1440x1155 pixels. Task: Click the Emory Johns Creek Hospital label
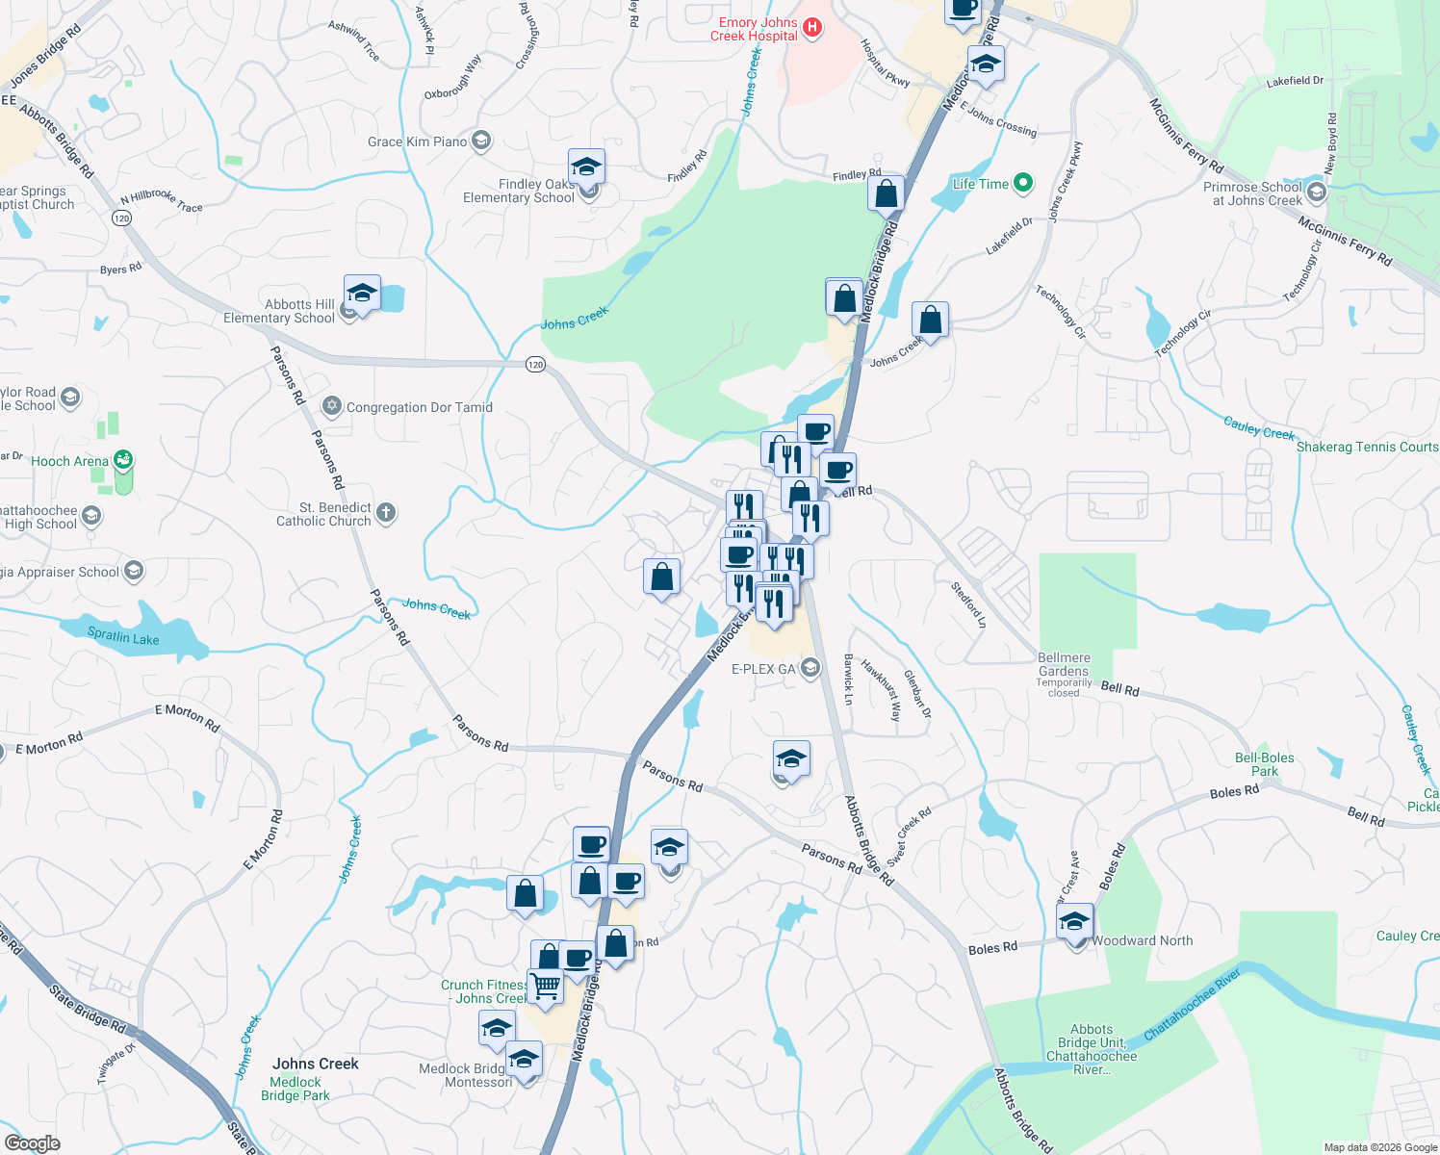pos(757,29)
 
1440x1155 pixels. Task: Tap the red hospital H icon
pos(812,28)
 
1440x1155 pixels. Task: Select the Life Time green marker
pos(1023,183)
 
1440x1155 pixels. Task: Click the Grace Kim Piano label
pos(417,141)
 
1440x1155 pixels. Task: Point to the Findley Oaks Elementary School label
pos(519,191)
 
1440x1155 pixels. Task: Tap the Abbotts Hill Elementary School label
pos(279,311)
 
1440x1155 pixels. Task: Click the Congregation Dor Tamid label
pos(419,407)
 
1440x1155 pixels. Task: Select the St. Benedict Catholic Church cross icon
pos(386,512)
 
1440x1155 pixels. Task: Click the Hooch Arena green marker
pos(123,460)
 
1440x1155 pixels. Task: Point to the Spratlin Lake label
pos(123,637)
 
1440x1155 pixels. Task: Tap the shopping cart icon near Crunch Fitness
pos(545,987)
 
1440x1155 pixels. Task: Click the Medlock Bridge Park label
pos(296,1089)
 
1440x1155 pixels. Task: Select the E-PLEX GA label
pos(764,669)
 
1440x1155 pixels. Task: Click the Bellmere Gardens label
pos(1064,664)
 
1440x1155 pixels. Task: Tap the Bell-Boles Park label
pos(1264,764)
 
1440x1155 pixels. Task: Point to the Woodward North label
pos(1143,940)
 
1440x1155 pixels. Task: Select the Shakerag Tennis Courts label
pos(1367,447)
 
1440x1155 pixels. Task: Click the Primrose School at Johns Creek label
pos(1252,193)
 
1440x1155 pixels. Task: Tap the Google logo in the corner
pos(33,1143)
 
